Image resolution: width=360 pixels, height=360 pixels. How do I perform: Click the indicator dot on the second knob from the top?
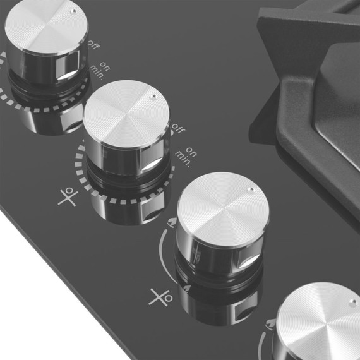click(x=152, y=97)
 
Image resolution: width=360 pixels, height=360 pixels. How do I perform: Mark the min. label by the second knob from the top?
click(x=183, y=155)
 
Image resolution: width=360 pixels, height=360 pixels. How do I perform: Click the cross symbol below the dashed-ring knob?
click(x=67, y=198)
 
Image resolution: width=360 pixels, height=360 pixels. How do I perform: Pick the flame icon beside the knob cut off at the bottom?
click(x=270, y=324)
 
